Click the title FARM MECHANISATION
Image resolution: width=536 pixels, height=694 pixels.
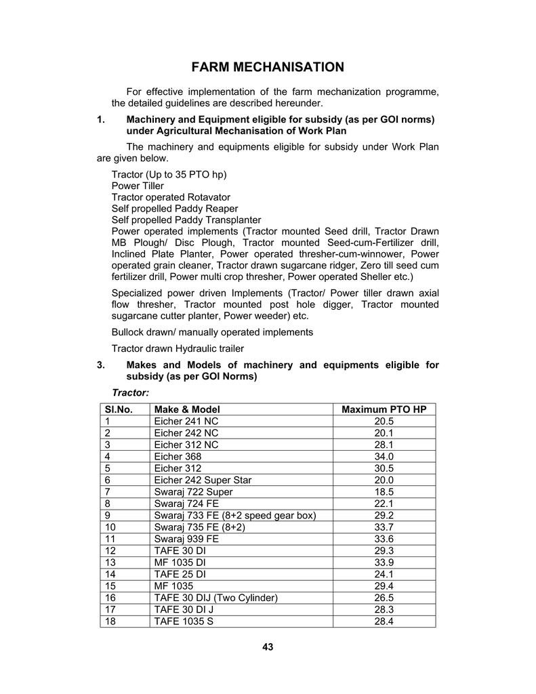pyautogui.click(x=268, y=67)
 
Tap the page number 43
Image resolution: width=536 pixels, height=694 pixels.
pyautogui.click(x=268, y=647)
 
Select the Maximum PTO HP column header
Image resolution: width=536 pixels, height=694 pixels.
pyautogui.click(x=384, y=409)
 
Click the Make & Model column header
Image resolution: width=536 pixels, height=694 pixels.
pyautogui.click(x=187, y=409)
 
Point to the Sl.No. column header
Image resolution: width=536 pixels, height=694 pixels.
pyautogui.click(x=118, y=409)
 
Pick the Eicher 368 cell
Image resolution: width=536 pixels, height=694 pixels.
pyautogui.click(x=178, y=456)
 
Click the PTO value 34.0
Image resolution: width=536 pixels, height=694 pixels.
pyautogui.click(x=384, y=456)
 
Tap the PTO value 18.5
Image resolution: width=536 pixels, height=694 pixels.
pyautogui.click(x=384, y=491)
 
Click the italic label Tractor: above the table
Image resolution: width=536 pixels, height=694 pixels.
pyautogui.click(x=130, y=392)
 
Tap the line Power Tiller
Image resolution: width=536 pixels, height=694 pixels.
pyautogui.click(x=138, y=186)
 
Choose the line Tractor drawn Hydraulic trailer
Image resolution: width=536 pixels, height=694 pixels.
pyautogui.click(x=178, y=348)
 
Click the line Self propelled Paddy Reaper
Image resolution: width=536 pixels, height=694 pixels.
pyautogui.click(x=175, y=209)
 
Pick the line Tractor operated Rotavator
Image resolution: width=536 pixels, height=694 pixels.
pyautogui.click(x=171, y=197)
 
